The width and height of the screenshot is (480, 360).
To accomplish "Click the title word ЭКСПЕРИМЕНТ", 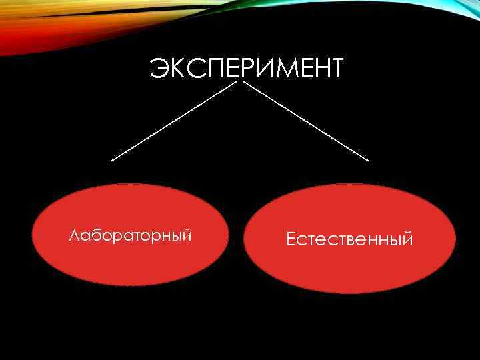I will point(246,68).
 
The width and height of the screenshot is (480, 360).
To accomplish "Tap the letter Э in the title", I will point(159,68).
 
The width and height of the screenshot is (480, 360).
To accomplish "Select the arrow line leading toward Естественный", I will point(307,121).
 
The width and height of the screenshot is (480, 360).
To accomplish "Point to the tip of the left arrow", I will point(112,160).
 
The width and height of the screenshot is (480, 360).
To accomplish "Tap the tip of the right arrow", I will point(368,160).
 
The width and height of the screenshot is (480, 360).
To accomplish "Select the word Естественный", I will point(349,239).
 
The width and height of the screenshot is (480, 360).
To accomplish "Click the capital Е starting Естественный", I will point(291,239).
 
